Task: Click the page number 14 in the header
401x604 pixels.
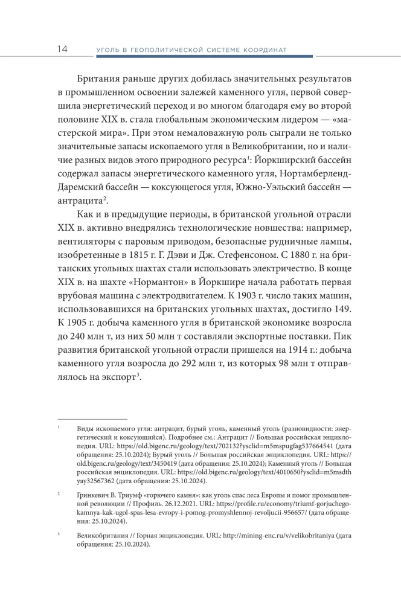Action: click(x=62, y=48)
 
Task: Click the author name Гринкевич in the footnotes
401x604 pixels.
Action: click(x=97, y=495)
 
